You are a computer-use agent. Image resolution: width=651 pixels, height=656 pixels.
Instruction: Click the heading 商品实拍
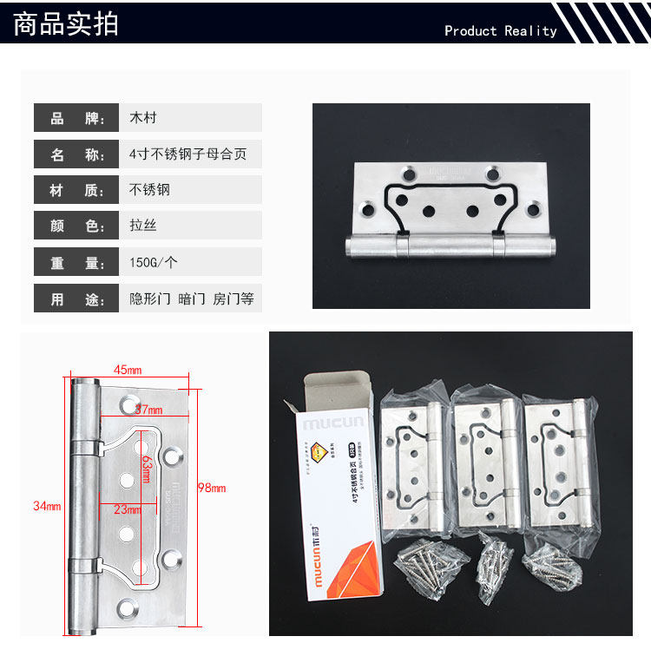[x=67, y=23]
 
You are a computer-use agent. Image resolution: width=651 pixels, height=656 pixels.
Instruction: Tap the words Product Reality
[x=500, y=31]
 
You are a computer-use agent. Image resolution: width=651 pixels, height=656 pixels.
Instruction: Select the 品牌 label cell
[x=76, y=118]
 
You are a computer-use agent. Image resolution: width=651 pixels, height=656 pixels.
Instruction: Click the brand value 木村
[x=143, y=118]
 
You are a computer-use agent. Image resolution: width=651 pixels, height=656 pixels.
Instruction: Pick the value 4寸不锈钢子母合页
[x=187, y=154]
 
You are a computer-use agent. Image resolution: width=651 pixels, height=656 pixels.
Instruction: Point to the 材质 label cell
[x=76, y=190]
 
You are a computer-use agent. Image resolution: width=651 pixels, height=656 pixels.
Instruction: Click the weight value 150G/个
[x=154, y=263]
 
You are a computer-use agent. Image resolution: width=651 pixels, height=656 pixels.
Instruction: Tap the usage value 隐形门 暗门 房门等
[x=191, y=299]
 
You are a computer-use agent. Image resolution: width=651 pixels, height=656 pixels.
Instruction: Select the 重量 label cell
[x=76, y=263]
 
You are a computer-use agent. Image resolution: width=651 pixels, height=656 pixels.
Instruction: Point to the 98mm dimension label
[x=211, y=488]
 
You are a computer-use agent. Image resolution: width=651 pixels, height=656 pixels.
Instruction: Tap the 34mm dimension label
[x=47, y=506]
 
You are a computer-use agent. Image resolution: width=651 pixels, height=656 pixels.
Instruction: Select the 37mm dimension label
[x=148, y=409]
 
